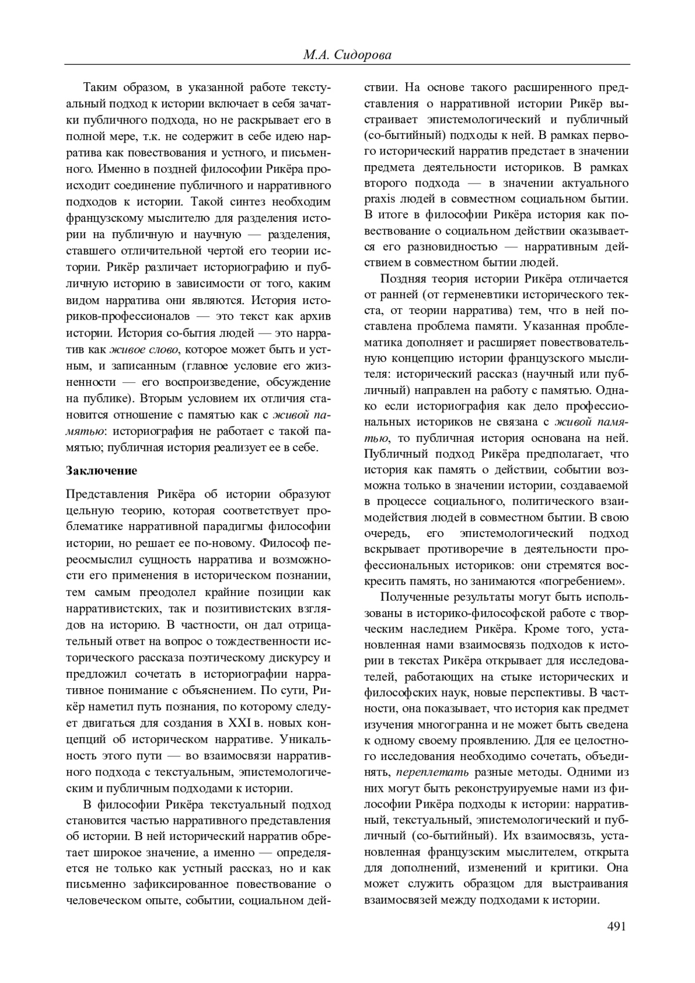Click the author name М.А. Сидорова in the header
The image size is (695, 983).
coord(347,56)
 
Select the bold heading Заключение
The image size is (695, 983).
coord(102,470)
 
